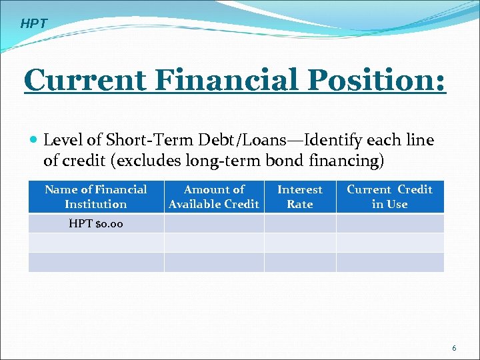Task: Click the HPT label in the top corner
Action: point(34,24)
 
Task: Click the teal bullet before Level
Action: point(33,141)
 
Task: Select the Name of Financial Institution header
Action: point(96,197)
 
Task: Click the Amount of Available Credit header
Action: point(214,197)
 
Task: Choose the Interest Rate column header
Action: point(300,197)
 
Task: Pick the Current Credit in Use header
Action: point(389,197)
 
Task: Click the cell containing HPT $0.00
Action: point(96,223)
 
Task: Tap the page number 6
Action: point(454,348)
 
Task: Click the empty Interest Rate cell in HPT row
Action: point(300,223)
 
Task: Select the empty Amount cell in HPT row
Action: point(214,223)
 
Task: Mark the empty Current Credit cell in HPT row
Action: point(389,223)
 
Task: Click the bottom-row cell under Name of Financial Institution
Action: point(96,262)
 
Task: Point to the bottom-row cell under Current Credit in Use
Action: point(389,262)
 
